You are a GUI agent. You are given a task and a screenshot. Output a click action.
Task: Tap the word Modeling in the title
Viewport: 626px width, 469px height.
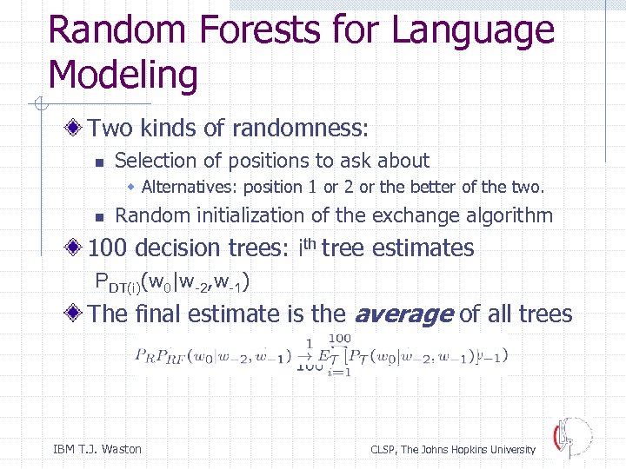coord(123,76)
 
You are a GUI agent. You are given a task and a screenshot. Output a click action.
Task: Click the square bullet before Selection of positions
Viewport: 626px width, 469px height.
coord(100,162)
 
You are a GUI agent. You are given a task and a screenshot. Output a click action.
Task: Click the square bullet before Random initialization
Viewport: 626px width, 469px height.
coord(100,216)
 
